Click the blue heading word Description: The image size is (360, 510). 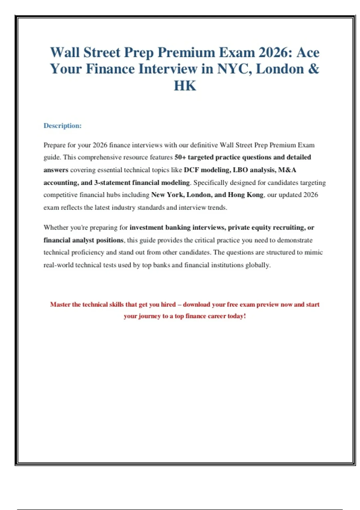pos(62,126)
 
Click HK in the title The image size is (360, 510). pos(185,86)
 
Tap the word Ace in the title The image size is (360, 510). pos(308,52)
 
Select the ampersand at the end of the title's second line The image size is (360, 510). pos(313,69)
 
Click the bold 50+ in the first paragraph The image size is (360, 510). pos(180,157)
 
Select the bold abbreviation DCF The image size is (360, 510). pos(191,170)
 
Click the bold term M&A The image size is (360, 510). pos(287,170)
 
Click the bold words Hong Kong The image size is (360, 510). pos(246,195)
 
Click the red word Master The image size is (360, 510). pos(60,304)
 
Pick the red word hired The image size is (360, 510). pos(168,304)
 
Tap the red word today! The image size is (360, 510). pos(237,316)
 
